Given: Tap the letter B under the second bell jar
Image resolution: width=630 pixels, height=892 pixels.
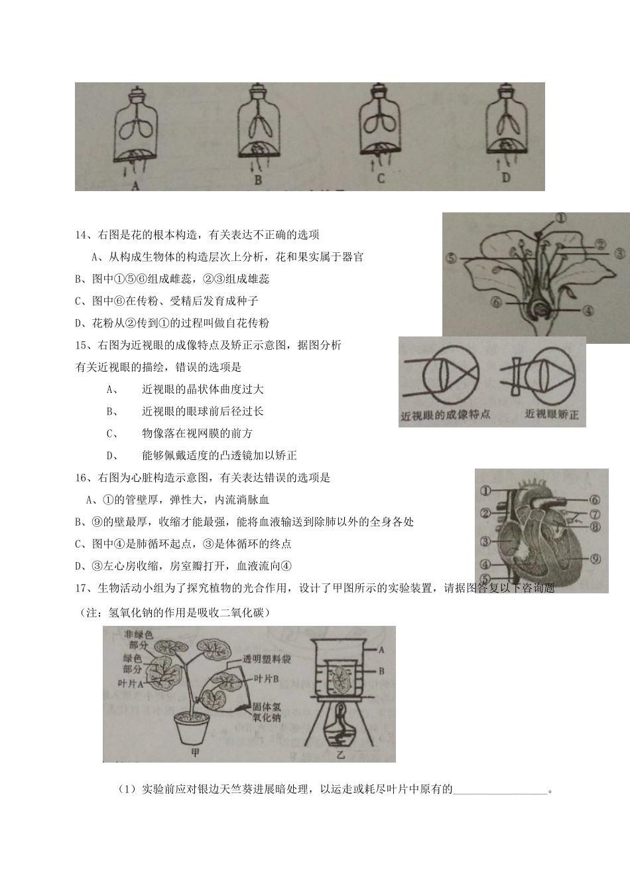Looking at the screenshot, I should (258, 180).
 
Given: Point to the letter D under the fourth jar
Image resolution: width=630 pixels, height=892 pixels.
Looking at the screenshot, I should (506, 179).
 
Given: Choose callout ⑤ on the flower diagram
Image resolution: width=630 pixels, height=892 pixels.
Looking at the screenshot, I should (452, 258).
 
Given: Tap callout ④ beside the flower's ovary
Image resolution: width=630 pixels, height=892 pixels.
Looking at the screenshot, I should (588, 309).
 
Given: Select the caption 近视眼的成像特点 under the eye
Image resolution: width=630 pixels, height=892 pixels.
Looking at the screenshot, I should (446, 415).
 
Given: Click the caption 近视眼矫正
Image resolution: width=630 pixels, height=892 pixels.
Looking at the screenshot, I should (551, 414).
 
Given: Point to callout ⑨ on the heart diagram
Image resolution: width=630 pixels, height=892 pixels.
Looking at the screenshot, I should (596, 559).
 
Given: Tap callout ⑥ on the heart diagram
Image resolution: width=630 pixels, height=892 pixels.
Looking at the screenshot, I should (594, 500).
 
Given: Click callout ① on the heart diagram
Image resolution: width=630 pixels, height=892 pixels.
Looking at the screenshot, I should (485, 491).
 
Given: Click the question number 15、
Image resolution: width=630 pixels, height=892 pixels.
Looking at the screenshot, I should (84, 345).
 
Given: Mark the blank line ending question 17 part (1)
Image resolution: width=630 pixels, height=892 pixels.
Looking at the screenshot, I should (501, 790).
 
